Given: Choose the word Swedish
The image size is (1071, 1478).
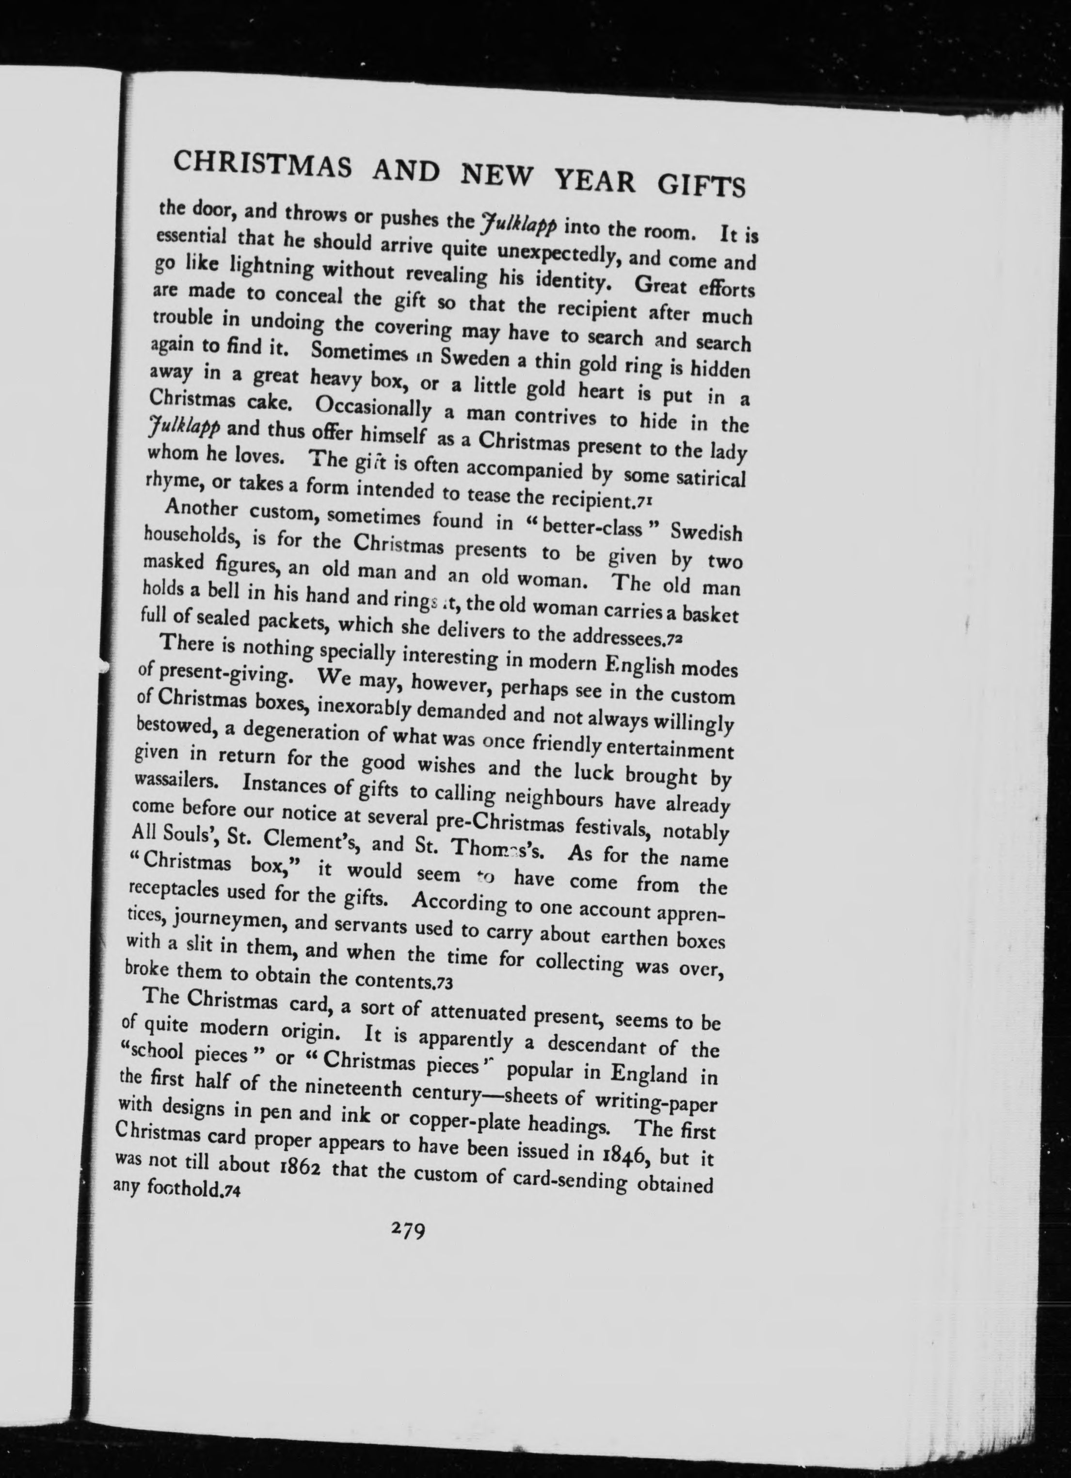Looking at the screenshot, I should tap(706, 533).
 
